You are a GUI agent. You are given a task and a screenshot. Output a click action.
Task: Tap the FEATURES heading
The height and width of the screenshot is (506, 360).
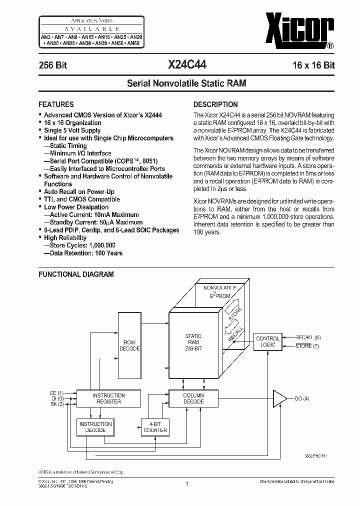click(56, 104)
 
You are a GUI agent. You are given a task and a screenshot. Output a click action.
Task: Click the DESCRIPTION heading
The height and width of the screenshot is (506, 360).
click(215, 104)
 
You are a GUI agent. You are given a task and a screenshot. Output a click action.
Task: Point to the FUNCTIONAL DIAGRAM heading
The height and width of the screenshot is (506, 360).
click(76, 274)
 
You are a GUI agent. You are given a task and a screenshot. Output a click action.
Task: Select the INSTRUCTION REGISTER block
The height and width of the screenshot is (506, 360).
click(109, 398)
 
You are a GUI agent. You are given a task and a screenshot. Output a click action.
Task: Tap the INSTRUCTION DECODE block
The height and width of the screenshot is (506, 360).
click(95, 426)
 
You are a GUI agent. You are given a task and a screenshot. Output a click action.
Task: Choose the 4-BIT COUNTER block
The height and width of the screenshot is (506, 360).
click(155, 426)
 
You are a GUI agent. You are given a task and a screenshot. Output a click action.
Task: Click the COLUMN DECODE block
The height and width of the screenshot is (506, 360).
click(193, 398)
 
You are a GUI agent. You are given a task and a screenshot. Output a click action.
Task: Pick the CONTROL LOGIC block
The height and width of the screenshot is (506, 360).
click(267, 341)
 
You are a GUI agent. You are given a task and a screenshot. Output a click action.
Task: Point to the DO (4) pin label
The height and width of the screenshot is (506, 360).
click(302, 398)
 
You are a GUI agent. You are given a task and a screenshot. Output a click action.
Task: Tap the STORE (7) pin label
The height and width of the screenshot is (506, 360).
click(307, 346)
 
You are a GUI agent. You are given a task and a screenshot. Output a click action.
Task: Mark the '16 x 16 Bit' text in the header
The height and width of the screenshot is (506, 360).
click(314, 65)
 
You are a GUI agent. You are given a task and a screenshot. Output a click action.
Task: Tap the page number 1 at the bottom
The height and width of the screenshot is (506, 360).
click(186, 483)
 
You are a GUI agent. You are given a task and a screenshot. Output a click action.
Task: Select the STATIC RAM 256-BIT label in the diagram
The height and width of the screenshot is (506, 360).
click(193, 342)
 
